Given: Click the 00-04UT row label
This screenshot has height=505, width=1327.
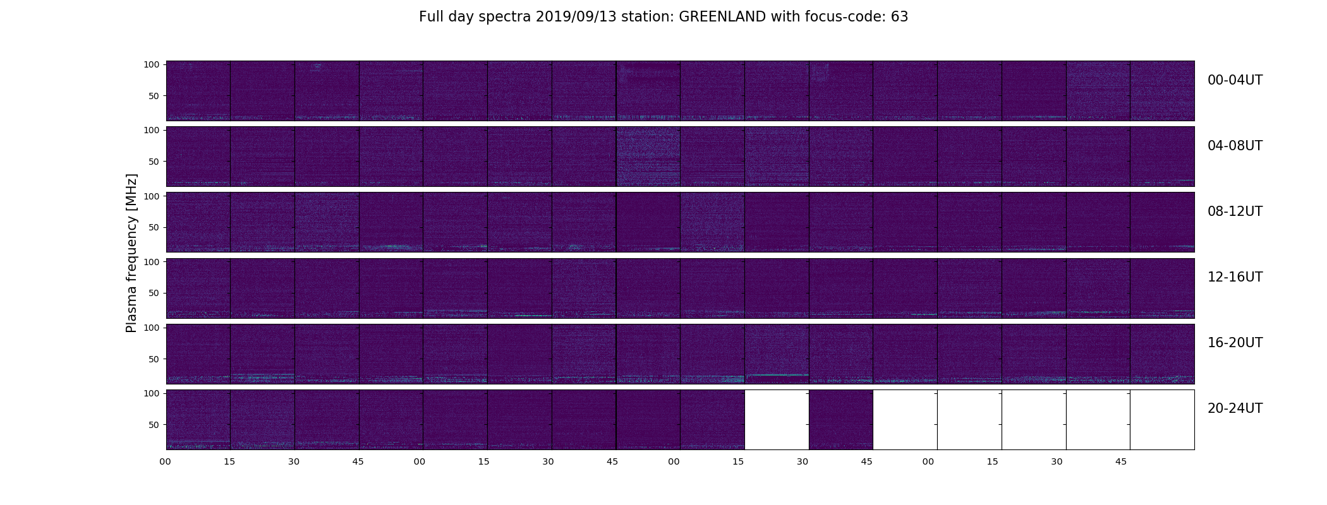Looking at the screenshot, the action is [1235, 80].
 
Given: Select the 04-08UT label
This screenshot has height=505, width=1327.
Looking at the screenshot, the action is [1235, 146].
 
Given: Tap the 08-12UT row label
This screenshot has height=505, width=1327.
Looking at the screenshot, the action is [1235, 211].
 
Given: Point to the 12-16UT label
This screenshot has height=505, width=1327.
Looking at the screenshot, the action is [1235, 277].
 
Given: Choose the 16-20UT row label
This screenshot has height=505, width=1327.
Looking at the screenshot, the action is [1235, 343].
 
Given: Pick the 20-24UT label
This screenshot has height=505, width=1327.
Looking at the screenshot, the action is [1235, 408].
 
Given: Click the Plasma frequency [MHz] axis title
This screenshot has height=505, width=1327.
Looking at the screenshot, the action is [131, 253].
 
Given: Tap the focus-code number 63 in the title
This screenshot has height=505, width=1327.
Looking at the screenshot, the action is [900, 17].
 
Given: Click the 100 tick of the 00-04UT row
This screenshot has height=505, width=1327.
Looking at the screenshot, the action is [151, 64].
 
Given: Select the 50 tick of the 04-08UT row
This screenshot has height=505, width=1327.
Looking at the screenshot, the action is [154, 162].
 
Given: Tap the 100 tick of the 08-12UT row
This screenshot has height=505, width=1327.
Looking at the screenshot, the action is [151, 196].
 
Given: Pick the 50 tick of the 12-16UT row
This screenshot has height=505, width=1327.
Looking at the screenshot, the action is [154, 293].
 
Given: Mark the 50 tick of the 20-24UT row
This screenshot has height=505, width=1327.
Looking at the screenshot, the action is [154, 425].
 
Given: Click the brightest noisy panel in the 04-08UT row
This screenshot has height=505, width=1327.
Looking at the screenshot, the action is [648, 157].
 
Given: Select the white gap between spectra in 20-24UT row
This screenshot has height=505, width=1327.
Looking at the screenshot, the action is [777, 420].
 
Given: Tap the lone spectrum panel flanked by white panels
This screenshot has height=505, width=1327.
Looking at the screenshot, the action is [841, 420].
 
